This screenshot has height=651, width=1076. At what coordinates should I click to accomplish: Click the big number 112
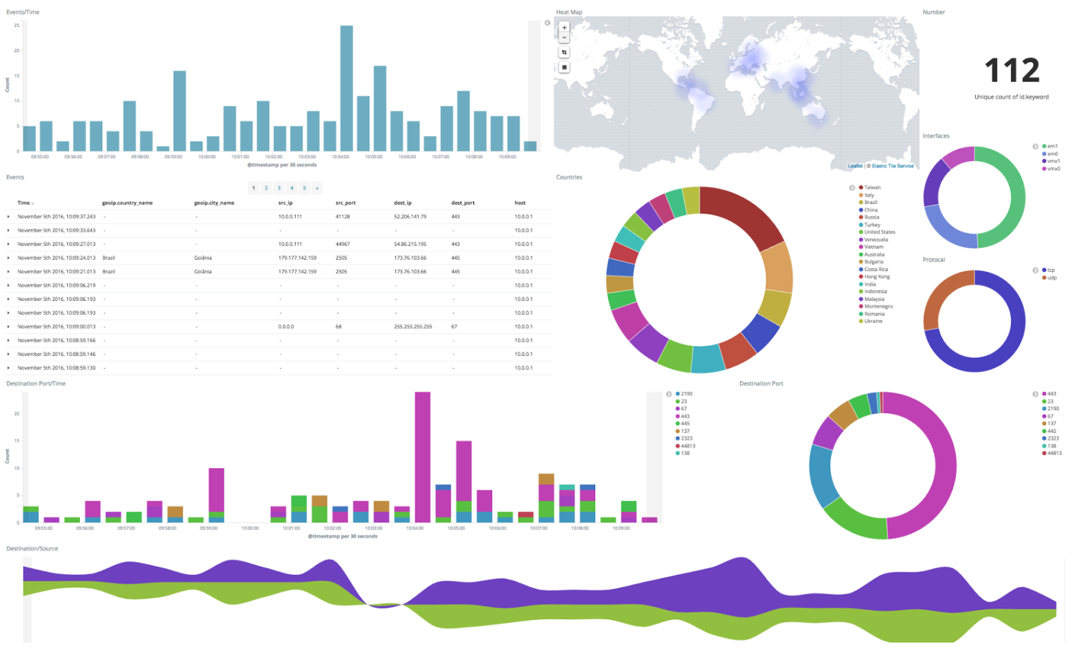tap(1012, 71)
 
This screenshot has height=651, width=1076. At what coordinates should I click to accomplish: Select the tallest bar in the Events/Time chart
tap(346, 88)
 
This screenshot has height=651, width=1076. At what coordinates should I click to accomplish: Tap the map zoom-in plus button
tap(564, 28)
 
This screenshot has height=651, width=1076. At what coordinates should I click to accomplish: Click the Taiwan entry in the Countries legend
tap(872, 188)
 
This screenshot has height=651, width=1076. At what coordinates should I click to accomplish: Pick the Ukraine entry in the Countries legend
tap(873, 321)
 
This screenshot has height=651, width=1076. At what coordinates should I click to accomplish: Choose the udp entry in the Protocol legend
tap(1051, 277)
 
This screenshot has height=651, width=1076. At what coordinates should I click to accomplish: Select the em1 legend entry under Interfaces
tap(1052, 146)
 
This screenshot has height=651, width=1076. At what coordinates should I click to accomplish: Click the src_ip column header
tap(285, 203)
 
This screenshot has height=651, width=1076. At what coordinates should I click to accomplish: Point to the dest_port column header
tap(463, 203)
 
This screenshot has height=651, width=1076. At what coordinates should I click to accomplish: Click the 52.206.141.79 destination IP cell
tap(410, 217)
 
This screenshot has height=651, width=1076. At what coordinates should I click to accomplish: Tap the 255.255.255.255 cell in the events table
tap(413, 327)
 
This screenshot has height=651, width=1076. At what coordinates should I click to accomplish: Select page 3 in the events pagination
tap(279, 188)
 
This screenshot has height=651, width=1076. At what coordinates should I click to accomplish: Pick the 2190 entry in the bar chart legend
tap(686, 394)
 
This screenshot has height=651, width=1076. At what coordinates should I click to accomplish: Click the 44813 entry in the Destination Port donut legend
tap(1054, 453)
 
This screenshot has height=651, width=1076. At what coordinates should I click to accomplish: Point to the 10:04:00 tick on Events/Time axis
tap(340, 157)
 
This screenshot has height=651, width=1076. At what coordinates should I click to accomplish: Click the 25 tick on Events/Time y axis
tap(17, 25)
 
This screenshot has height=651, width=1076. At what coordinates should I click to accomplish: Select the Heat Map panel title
tap(569, 12)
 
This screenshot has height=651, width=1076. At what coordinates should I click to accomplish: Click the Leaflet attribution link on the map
tap(855, 166)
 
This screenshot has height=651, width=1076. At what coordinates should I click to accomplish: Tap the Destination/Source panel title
tap(32, 549)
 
